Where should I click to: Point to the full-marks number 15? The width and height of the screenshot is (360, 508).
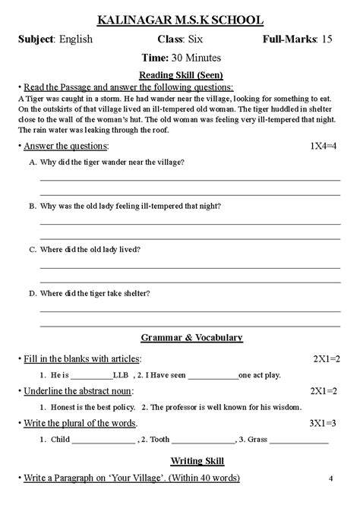327,38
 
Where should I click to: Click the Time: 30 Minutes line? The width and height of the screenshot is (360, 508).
180,58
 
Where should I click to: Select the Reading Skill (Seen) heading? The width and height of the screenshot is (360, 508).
180,75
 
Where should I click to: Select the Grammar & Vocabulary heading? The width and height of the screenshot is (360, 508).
180,337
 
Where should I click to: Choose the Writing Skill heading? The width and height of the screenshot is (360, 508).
180,460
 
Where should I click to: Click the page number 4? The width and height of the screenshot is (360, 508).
332,478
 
